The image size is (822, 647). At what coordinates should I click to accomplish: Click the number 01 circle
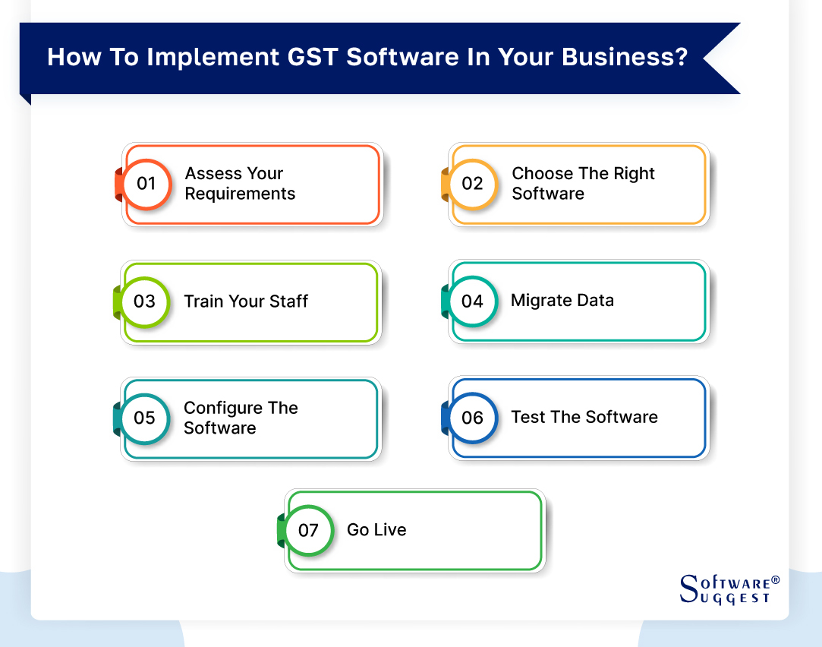(x=146, y=184)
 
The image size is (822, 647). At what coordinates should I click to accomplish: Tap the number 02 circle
(x=472, y=184)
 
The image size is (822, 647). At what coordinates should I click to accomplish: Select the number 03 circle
(x=144, y=301)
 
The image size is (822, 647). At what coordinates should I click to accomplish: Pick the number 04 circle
(x=472, y=301)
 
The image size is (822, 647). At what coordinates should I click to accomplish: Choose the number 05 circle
(x=144, y=418)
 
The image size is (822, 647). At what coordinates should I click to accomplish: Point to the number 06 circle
(x=472, y=418)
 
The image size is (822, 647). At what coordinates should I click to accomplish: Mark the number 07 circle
(x=308, y=530)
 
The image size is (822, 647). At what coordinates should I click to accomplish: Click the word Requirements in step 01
(x=240, y=194)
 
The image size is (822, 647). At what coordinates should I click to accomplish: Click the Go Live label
(x=376, y=530)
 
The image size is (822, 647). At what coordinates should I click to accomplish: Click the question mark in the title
(x=677, y=58)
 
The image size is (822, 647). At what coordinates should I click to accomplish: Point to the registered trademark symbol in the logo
(x=775, y=581)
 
